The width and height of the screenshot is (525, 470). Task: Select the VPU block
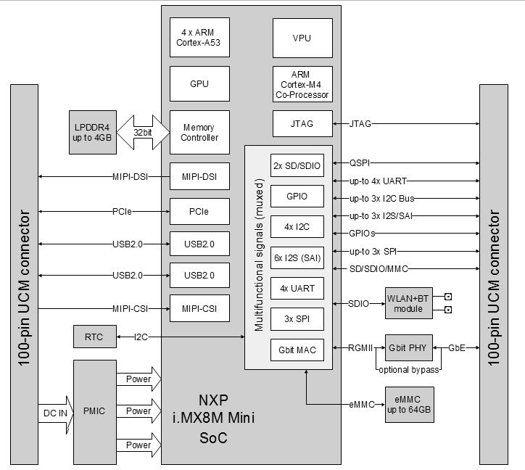pyautogui.click(x=302, y=38)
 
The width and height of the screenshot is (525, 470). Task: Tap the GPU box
pyautogui.click(x=199, y=84)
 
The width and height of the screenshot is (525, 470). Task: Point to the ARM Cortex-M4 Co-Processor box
pyautogui.click(x=302, y=84)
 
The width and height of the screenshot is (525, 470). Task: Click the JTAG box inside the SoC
pyautogui.click(x=302, y=124)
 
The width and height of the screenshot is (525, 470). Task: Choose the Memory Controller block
pyautogui.click(x=199, y=132)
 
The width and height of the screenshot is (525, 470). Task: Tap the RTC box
pyautogui.click(x=92, y=337)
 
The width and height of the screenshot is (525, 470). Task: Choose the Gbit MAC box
pyautogui.click(x=297, y=348)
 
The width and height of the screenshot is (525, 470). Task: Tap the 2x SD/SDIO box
pyautogui.click(x=297, y=165)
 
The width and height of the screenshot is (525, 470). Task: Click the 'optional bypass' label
pyautogui.click(x=408, y=370)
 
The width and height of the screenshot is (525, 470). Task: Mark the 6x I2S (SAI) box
pyautogui.click(x=297, y=257)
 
